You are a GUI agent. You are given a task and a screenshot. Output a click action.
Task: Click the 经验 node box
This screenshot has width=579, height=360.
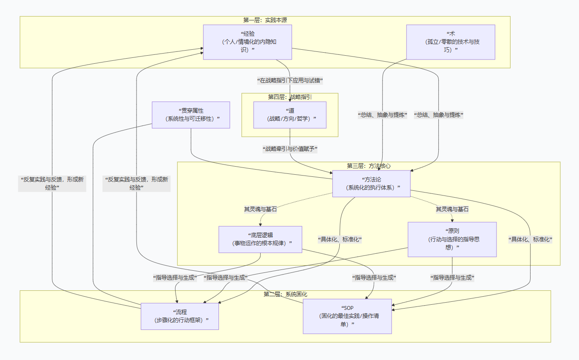click(x=247, y=42)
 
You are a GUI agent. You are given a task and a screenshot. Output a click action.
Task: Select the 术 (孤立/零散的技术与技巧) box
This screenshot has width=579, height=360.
click(x=451, y=42)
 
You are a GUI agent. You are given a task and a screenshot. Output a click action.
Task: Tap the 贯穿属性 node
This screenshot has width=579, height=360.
click(x=191, y=115)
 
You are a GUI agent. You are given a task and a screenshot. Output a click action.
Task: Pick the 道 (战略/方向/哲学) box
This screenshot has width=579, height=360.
click(x=290, y=115)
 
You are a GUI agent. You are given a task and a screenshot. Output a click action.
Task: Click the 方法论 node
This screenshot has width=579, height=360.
click(x=371, y=184)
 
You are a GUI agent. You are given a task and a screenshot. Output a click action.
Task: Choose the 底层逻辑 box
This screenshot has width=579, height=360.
click(x=260, y=239)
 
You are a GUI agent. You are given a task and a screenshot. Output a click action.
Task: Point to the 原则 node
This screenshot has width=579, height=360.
click(x=452, y=239)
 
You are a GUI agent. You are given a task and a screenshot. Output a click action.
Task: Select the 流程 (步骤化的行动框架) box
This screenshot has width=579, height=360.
click(x=180, y=316)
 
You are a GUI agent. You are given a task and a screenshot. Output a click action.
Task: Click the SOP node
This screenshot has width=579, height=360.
click(x=347, y=316)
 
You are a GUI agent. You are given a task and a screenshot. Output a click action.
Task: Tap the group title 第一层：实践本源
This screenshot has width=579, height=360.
click(x=265, y=20)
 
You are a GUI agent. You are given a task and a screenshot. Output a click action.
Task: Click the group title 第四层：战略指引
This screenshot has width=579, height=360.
click(x=290, y=97)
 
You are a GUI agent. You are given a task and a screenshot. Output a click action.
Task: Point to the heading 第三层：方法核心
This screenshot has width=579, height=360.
click(x=369, y=166)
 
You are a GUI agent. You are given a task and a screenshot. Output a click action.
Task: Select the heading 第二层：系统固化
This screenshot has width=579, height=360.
click(x=285, y=294)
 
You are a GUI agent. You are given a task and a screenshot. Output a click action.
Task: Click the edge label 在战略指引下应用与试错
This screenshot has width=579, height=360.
click(x=290, y=80)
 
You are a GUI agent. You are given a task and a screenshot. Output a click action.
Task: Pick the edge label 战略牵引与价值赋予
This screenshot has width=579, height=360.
click(x=290, y=149)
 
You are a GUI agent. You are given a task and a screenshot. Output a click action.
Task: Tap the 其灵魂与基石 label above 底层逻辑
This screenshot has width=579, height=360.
click(x=260, y=209)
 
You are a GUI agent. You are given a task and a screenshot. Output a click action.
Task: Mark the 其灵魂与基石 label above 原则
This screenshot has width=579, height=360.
click(x=452, y=209)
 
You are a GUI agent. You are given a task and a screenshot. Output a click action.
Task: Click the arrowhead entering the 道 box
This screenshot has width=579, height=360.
click(x=290, y=100)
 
